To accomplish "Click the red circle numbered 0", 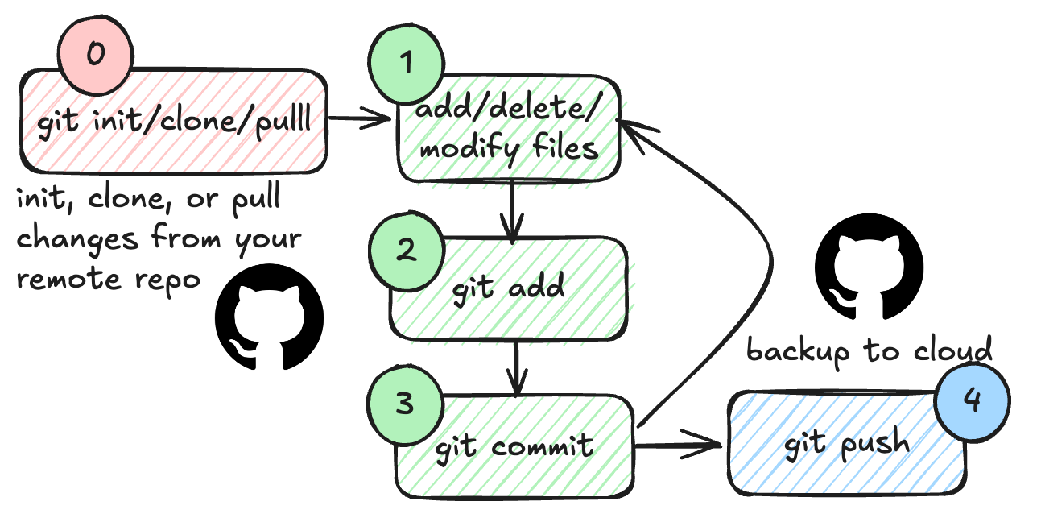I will [x=95, y=56].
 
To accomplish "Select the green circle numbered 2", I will [x=406, y=251].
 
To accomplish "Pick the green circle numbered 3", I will [x=405, y=404].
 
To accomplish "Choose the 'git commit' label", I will [x=514, y=445].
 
